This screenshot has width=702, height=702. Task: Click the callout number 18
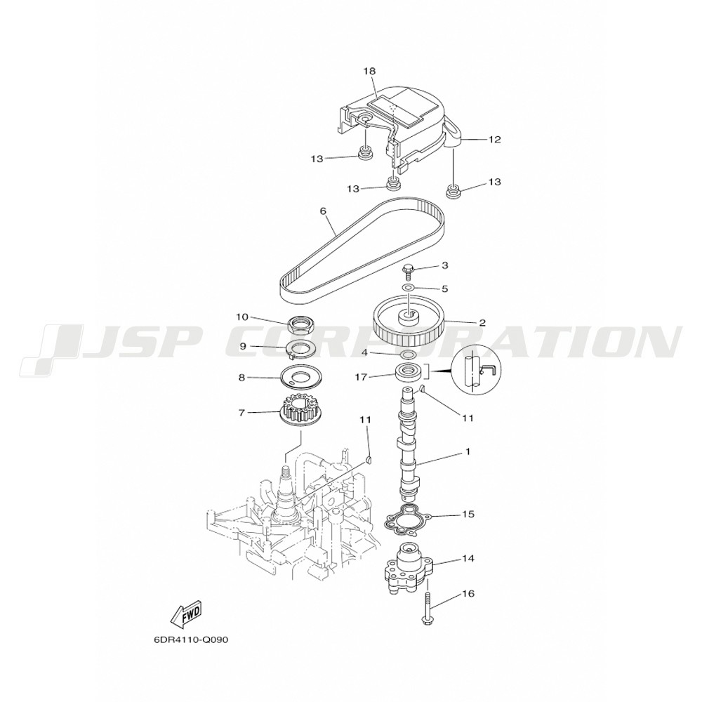tap(369, 71)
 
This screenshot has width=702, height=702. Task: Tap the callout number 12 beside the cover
tap(494, 139)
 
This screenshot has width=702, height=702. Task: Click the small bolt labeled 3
tap(408, 271)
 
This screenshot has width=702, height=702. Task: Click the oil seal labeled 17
tap(407, 373)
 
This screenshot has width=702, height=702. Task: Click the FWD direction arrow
tap(187, 614)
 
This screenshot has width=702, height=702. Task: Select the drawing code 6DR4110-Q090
tap(191, 640)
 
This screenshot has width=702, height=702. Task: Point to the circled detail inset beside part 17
tap(477, 371)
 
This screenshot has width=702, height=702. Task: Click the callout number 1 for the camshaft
tap(468, 451)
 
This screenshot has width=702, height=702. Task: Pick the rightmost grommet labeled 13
tap(453, 191)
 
